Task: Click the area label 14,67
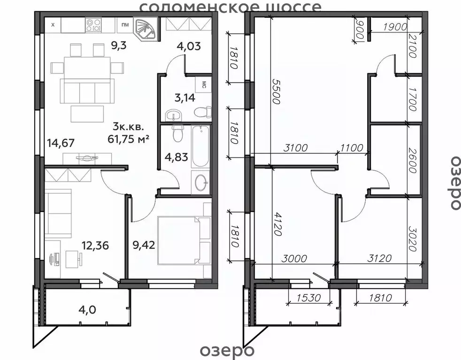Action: click(x=61, y=143)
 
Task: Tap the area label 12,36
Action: click(x=95, y=245)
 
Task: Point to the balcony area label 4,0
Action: click(x=87, y=309)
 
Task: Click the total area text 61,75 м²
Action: click(x=129, y=138)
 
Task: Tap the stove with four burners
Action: click(x=93, y=25)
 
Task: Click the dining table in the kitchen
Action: click(x=87, y=67)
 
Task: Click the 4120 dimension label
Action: click(x=277, y=224)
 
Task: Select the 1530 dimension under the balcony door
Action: click(x=308, y=298)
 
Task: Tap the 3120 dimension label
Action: click(x=379, y=258)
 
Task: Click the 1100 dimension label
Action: click(x=352, y=147)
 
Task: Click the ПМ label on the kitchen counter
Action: click(x=125, y=25)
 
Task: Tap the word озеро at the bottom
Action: click(x=227, y=350)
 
